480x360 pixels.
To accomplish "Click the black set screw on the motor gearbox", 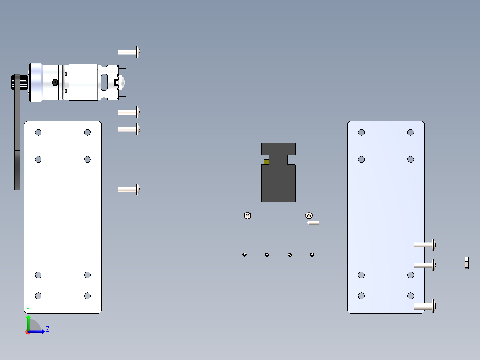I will (55, 82).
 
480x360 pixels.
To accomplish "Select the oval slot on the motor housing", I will (104, 82).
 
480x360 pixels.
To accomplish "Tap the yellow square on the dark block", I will (266, 162).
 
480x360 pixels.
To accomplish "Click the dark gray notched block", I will (278, 183).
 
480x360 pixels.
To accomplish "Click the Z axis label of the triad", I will (48, 329).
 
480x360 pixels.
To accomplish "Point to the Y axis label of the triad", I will (28, 310).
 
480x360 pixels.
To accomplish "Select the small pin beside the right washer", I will (314, 222).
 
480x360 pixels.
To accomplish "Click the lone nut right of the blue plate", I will (467, 263).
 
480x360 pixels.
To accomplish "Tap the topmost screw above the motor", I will (129, 52).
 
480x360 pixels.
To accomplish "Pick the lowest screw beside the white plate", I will (129, 189).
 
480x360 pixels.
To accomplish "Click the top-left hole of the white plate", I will (38, 132).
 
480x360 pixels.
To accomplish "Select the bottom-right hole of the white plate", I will (87, 295).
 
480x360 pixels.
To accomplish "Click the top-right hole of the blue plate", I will (411, 132).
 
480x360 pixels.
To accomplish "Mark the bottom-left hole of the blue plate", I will (362, 295).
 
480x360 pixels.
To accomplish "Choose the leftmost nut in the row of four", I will (244, 254).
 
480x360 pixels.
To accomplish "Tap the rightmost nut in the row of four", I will (312, 254).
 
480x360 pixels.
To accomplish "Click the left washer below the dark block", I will (248, 216).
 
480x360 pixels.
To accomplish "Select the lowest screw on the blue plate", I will (425, 306).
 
